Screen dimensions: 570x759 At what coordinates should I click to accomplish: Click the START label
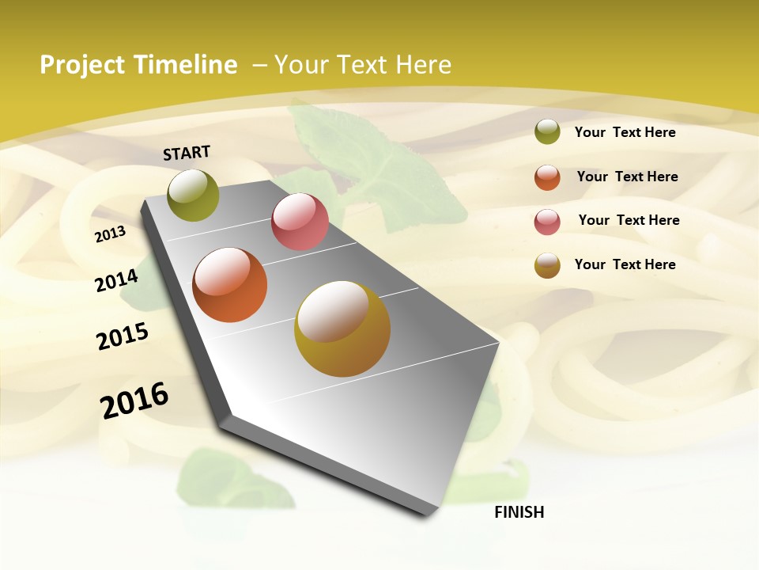(187, 153)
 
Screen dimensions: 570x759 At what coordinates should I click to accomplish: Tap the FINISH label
(519, 512)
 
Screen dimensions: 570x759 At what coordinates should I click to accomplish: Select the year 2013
(110, 234)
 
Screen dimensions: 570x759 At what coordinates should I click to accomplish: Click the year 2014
(116, 280)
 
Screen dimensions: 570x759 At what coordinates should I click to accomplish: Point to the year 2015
(123, 336)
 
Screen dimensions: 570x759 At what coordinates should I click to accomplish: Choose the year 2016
(134, 401)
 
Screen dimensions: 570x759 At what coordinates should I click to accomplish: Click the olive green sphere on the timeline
(193, 195)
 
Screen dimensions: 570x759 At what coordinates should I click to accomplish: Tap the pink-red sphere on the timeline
(300, 222)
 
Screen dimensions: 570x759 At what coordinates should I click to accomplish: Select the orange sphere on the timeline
(230, 285)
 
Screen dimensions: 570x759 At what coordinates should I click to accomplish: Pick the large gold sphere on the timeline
(342, 329)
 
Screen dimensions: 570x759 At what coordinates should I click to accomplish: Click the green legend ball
(547, 132)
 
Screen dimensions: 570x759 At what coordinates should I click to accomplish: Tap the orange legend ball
(547, 177)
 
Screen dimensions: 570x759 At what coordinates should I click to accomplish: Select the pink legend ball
(547, 222)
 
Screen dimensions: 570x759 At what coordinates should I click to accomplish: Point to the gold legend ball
(547, 265)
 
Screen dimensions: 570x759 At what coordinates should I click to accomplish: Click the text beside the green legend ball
(625, 132)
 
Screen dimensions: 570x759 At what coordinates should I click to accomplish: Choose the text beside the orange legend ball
(627, 177)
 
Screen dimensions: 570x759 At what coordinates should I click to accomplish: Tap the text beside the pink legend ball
(629, 220)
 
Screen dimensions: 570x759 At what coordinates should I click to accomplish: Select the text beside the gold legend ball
(625, 264)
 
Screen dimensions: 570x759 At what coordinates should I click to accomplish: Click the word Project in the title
(81, 65)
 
